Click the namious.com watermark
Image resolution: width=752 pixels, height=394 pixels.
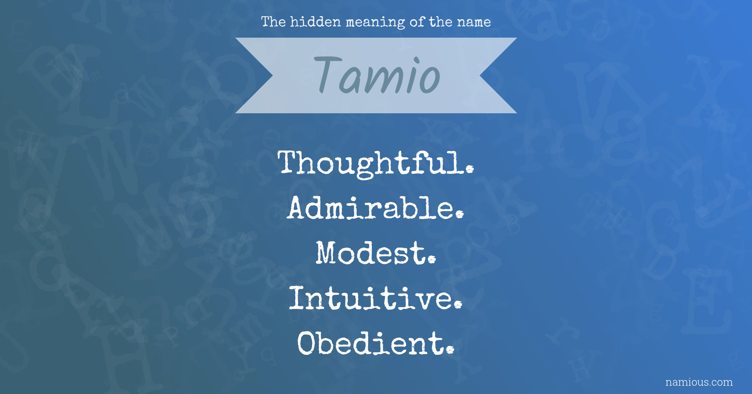[699, 382]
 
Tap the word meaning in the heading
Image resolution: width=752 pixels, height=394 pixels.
[375, 23]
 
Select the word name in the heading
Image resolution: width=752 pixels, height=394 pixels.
[474, 23]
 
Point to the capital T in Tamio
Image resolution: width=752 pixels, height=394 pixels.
[327, 74]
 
